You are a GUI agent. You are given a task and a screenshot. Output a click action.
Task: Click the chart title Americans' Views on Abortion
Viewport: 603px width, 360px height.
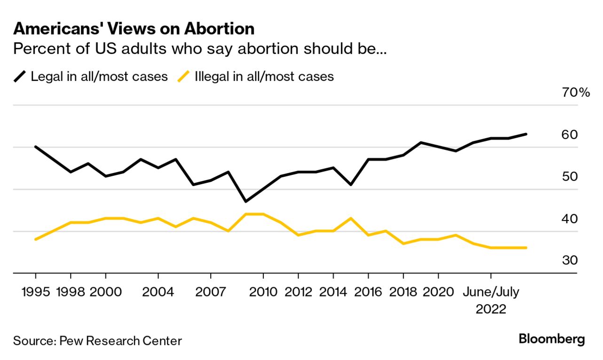pyautogui.click(x=134, y=29)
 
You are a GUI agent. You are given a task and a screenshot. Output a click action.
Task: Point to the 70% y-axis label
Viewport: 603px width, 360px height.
pyautogui.click(x=576, y=93)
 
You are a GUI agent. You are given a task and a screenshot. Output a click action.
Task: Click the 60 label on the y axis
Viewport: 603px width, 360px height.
pyautogui.click(x=570, y=135)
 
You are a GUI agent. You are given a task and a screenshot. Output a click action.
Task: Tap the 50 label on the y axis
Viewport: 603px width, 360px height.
pyautogui.click(x=570, y=177)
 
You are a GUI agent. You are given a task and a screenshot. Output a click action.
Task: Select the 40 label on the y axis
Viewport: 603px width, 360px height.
pyautogui.click(x=570, y=219)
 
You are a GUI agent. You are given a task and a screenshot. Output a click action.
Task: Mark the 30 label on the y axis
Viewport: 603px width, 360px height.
pyautogui.click(x=570, y=261)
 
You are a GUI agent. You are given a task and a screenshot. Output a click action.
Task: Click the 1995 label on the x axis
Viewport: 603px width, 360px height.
pyautogui.click(x=36, y=292)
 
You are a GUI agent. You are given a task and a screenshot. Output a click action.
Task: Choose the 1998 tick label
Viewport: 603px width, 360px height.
pyautogui.click(x=71, y=292)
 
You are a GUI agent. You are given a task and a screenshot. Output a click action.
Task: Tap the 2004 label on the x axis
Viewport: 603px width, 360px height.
pyautogui.click(x=158, y=292)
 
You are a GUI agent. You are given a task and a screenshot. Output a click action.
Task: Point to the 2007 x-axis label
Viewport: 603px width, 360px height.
pyautogui.click(x=210, y=292)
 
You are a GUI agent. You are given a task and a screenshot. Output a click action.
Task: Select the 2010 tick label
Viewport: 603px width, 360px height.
pyautogui.click(x=263, y=292)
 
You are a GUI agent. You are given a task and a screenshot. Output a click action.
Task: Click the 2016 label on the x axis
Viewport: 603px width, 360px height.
pyautogui.click(x=368, y=292)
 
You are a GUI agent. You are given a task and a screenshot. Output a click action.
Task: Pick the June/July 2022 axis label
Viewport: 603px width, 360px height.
pyautogui.click(x=491, y=300)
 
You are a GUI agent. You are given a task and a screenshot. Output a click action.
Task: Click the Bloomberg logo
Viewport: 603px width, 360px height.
pyautogui.click(x=552, y=339)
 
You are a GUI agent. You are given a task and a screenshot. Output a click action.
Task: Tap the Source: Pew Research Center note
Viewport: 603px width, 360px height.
pyautogui.click(x=97, y=341)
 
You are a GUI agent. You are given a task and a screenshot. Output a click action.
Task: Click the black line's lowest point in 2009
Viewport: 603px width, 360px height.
pyautogui.click(x=246, y=202)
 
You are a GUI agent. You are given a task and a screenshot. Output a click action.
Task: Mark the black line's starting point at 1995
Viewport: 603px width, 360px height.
pyautogui.click(x=36, y=147)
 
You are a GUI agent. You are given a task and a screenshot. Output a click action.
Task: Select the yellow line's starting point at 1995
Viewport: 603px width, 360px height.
pyautogui.click(x=36, y=239)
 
